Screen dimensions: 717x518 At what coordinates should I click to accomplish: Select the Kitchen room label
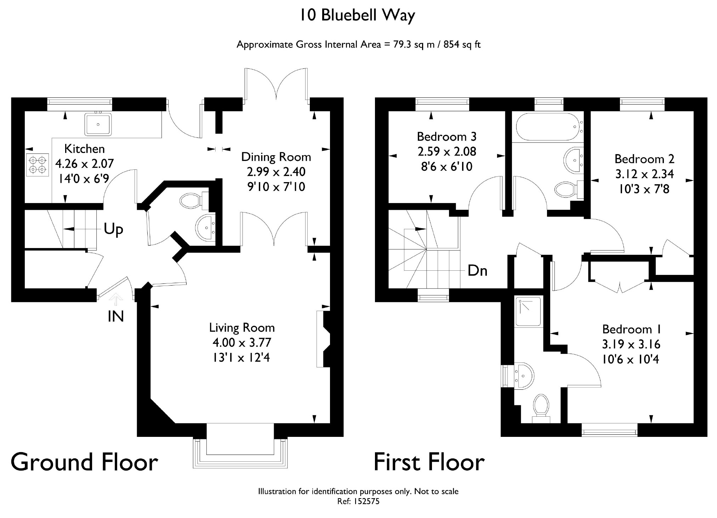pyautogui.click(x=84, y=149)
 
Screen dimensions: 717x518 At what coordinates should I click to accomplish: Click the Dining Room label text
pyautogui.click(x=276, y=157)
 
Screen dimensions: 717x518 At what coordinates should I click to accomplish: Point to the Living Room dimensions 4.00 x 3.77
pyautogui.click(x=241, y=343)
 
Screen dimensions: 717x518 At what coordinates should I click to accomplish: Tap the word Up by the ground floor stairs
pyautogui.click(x=113, y=230)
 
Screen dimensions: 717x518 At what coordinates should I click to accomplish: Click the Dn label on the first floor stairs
pyautogui.click(x=477, y=271)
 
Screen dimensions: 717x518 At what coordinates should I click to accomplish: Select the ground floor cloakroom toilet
pyautogui.click(x=193, y=201)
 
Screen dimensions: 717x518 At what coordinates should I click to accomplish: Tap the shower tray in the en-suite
pyautogui.click(x=529, y=311)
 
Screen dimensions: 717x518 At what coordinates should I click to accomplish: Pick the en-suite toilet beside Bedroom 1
pyautogui.click(x=541, y=407)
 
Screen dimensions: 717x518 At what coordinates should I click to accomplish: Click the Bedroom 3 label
pyautogui.click(x=446, y=136)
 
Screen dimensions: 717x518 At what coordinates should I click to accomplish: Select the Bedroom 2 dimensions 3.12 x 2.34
pyautogui.click(x=644, y=174)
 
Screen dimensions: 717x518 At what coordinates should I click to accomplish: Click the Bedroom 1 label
pyautogui.click(x=631, y=329)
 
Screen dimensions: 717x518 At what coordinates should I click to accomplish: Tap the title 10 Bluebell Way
pyautogui.click(x=358, y=16)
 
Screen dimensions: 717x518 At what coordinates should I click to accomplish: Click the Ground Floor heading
pyautogui.click(x=84, y=462)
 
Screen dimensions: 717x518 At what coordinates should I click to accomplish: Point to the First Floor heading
pyautogui.click(x=429, y=462)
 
